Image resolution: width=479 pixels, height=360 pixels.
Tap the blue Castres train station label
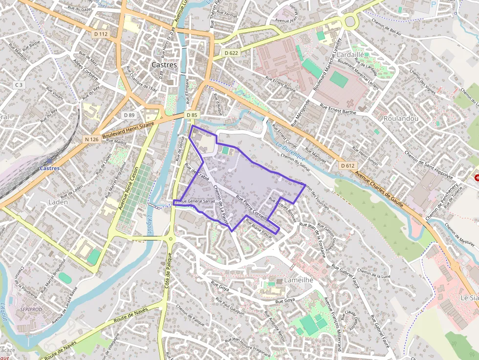coord(49,169)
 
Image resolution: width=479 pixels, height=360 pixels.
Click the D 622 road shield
coord(232,52)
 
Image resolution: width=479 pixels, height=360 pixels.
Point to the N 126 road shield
coord(91,139)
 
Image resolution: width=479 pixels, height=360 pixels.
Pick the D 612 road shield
coord(347,166)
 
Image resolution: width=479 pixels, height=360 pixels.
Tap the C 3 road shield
coord(19,85)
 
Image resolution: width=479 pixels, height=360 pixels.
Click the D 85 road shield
coord(192,115)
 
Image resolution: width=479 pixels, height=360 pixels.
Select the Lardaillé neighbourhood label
coord(350,55)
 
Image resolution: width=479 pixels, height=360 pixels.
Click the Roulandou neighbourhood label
coord(401,118)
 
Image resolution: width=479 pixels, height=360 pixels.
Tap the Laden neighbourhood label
coord(58,202)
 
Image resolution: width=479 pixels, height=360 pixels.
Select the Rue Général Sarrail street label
coord(197,201)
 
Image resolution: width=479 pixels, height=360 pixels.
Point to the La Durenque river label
coord(290,151)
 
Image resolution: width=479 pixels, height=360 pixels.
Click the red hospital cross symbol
coord(477,179)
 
